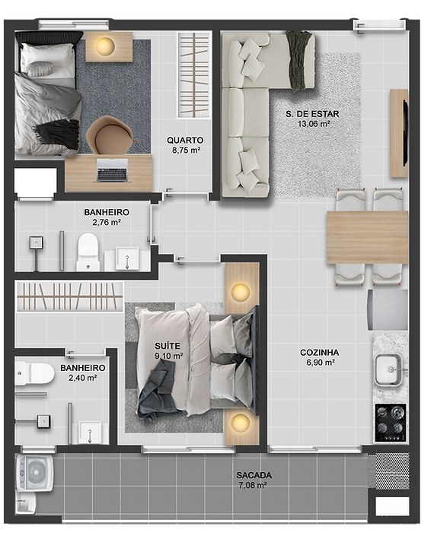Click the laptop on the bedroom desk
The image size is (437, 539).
[x=112, y=170]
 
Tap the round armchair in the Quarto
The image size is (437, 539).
[x=110, y=135]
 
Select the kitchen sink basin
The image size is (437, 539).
[x=388, y=369]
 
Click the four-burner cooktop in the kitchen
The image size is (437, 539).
[x=390, y=423]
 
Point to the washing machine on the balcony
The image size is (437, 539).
[x=35, y=474]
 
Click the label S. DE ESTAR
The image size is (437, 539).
[x=312, y=114]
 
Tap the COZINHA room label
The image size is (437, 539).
[x=319, y=353]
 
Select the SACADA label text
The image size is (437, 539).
[x=254, y=475]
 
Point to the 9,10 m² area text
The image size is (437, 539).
[x=169, y=356]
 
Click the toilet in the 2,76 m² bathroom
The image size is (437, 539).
[x=88, y=252]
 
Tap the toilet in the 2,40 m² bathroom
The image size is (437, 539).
[x=34, y=373]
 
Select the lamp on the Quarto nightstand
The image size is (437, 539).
[x=105, y=46]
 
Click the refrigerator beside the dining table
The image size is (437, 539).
[x=388, y=309]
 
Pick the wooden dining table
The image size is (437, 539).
[x=368, y=237]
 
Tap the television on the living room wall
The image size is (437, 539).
[x=405, y=132]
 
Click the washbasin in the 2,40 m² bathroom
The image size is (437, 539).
[x=91, y=433]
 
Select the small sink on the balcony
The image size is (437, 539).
[x=25, y=504]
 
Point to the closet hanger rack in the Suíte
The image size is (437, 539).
[x=69, y=296]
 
